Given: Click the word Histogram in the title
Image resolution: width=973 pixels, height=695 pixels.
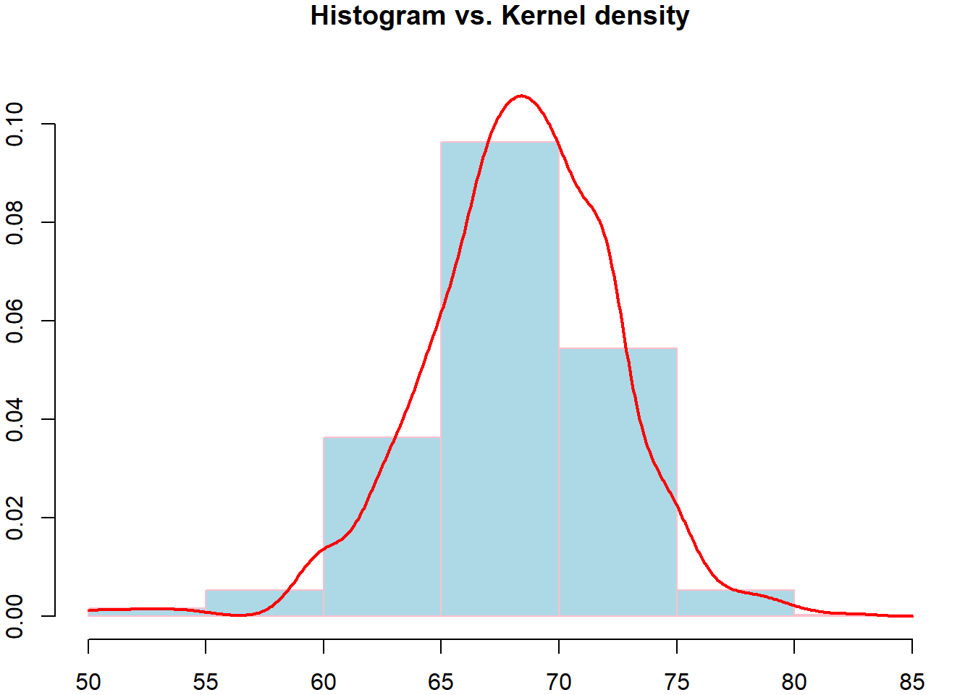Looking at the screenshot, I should pos(377,15).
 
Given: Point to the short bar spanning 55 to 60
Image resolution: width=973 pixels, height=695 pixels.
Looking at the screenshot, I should pos(264,603).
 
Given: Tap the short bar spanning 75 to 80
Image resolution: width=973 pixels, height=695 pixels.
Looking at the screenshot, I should pos(736,603).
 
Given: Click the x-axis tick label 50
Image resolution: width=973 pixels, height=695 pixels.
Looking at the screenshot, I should pos(88,681).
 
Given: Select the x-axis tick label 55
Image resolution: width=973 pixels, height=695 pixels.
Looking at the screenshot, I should pos(206,681).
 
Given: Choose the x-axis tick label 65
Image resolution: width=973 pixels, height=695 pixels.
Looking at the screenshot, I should pos(441,681).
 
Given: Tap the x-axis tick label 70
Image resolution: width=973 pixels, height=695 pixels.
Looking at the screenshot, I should pos(559,681).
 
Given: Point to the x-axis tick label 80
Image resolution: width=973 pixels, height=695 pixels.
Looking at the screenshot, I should pos(794,681).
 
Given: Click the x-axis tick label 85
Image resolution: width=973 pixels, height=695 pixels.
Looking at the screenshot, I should pos(911,681).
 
